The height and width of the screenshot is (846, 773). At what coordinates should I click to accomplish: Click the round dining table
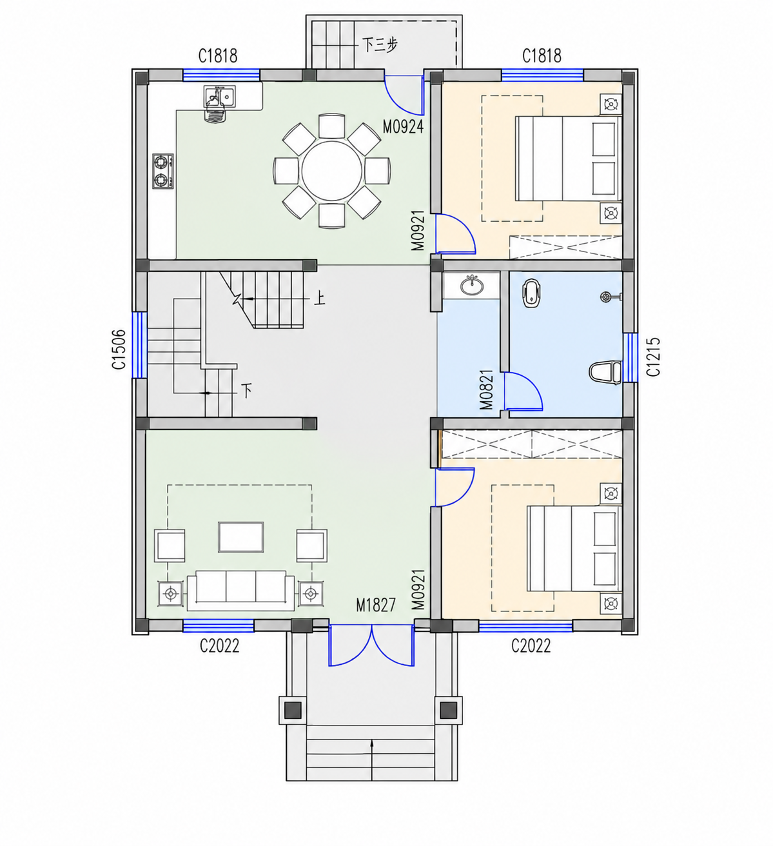click(x=332, y=171)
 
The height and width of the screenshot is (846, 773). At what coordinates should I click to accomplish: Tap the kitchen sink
click(x=220, y=97)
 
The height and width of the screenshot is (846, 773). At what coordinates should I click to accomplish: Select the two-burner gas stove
click(x=162, y=171)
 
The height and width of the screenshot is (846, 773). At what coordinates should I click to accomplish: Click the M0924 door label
click(x=403, y=126)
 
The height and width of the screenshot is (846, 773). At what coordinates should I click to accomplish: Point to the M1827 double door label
click(x=376, y=605)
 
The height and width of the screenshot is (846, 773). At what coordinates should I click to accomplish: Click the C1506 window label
click(x=119, y=349)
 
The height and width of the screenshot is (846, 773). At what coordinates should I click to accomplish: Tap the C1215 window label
click(x=653, y=357)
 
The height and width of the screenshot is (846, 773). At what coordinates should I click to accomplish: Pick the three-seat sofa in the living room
click(x=241, y=590)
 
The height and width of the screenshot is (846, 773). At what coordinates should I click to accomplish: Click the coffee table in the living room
click(x=241, y=537)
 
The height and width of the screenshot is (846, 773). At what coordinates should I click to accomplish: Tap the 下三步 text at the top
click(x=380, y=44)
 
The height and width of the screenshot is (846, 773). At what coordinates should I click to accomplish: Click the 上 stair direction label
click(x=319, y=299)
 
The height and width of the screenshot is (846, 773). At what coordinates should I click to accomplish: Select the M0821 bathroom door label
click(x=487, y=389)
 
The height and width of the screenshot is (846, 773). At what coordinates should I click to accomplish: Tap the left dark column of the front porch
click(x=293, y=710)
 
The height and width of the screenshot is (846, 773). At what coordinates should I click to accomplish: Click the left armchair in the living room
click(x=170, y=546)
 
